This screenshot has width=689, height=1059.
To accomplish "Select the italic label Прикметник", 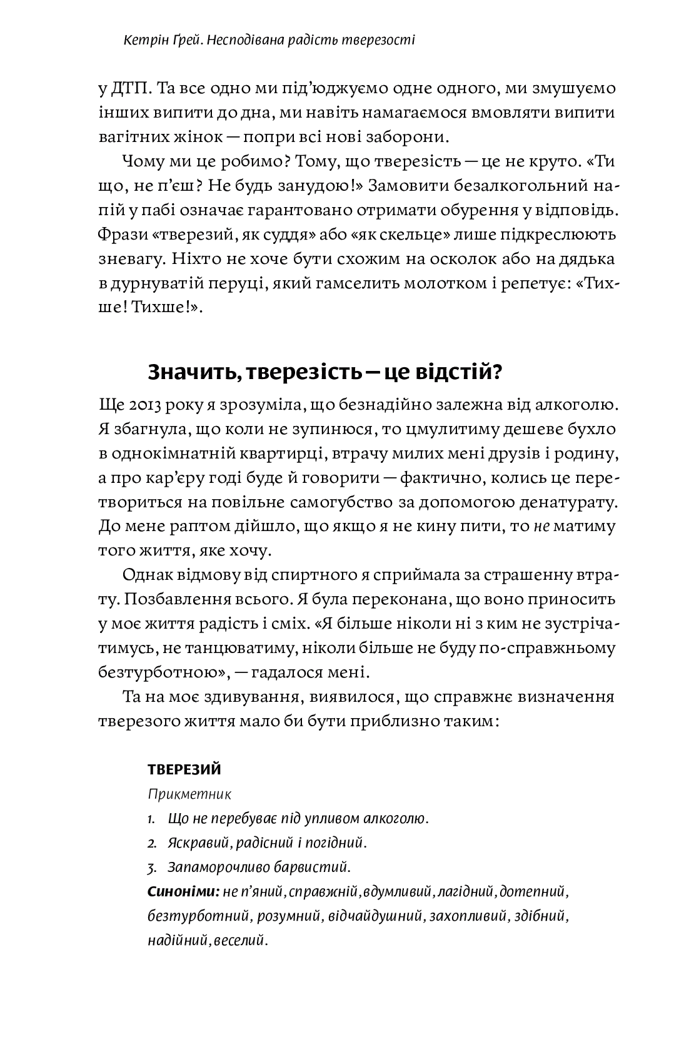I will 189,795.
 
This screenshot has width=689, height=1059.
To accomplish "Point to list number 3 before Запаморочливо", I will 151,868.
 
